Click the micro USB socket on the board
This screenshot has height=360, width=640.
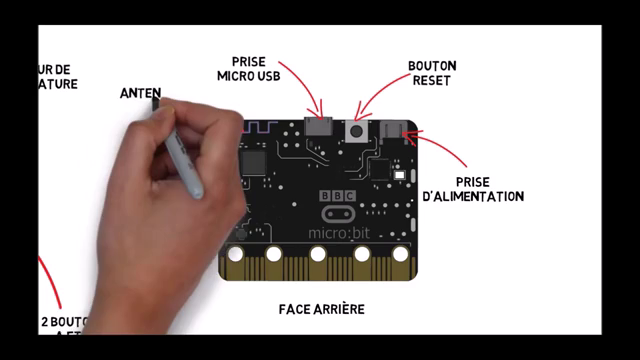coord(320,128)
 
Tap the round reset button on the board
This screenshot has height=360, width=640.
coord(356,130)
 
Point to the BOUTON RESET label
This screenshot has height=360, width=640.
coord(432,73)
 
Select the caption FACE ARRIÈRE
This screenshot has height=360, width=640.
coord(321,309)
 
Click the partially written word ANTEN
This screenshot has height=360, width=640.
coord(141,93)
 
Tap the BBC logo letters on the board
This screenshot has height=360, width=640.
coord(337,197)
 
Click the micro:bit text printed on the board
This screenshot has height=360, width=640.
coord(337,233)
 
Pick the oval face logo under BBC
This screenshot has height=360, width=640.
coord(337,214)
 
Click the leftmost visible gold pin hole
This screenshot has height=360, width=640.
coord(235,254)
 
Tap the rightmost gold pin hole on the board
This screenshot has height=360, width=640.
coord(400,254)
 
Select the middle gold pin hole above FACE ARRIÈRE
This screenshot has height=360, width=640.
coord(318,254)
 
